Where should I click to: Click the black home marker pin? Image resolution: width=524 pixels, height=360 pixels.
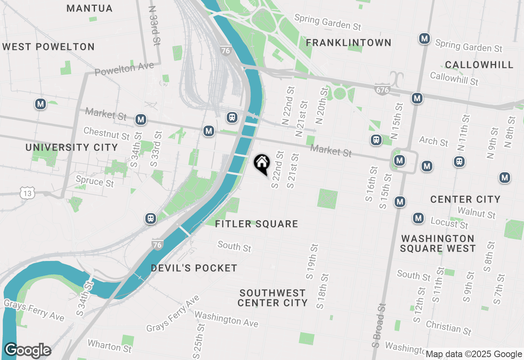262,164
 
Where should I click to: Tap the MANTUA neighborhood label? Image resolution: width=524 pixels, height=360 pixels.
89,8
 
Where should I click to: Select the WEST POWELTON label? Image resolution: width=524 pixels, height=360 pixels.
48,47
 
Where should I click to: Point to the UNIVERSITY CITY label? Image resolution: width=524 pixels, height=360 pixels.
72,147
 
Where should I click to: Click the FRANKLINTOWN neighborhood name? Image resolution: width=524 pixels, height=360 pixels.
348,43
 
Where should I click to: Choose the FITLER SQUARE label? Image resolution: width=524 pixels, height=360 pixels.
256,224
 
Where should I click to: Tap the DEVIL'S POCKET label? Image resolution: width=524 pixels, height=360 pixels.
194,268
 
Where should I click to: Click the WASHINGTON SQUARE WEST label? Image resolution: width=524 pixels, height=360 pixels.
438,243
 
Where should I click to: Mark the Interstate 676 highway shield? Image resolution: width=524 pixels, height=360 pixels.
382,89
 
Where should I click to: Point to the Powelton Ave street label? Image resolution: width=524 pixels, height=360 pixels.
124,69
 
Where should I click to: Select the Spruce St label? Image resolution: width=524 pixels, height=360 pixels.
95,180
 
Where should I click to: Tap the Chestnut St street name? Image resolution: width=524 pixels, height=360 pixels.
106,133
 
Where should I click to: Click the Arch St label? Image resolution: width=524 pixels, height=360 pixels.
434,142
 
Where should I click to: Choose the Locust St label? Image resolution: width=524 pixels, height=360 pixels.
449,223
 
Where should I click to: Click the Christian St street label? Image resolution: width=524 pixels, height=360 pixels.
449,327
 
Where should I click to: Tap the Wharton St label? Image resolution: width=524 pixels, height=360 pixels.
110,346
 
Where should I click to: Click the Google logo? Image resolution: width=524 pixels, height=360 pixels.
27,351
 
